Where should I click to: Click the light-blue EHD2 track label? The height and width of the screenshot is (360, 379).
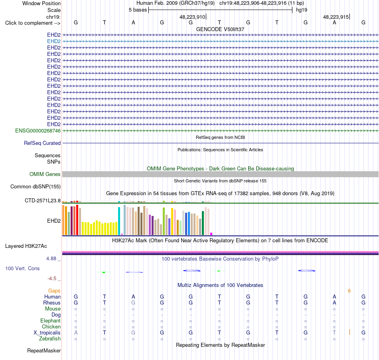click(54, 42)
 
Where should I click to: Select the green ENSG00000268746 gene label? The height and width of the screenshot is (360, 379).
click(38, 131)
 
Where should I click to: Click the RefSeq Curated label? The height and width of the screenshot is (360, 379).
click(42, 143)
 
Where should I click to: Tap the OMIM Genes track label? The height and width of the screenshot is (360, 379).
click(45, 174)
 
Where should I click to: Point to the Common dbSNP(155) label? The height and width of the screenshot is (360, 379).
click(36, 187)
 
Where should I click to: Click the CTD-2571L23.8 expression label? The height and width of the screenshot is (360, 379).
click(43, 200)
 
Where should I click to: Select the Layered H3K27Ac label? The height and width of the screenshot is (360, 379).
click(26, 246)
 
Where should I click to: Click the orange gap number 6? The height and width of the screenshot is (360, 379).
click(349, 291)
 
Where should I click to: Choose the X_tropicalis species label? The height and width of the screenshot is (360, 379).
click(47, 333)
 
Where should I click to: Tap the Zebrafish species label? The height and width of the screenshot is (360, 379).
click(50, 339)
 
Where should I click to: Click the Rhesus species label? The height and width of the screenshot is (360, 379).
click(52, 303)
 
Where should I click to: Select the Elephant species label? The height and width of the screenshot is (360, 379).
click(51, 321)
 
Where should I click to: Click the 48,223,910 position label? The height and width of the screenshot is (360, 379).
click(192, 17)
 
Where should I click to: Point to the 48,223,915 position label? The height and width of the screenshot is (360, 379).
click(336, 17)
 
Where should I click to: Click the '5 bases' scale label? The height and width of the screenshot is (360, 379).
click(138, 10)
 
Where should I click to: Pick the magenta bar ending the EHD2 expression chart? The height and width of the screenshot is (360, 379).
click(211, 234)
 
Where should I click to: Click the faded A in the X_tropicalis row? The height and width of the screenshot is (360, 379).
click(76, 333)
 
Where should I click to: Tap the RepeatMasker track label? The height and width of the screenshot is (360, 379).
click(44, 350)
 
